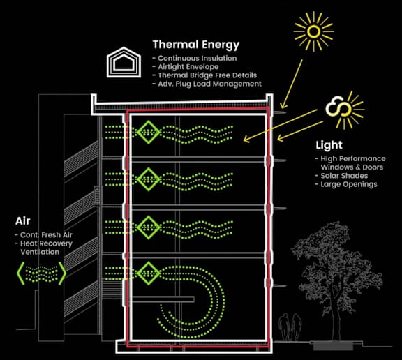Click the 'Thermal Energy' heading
click(196, 45)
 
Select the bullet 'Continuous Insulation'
click(197, 58)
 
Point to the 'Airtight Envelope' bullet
click(188, 67)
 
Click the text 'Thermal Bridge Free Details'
click(207, 75)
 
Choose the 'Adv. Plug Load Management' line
click(209, 84)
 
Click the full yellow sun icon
click(313, 31)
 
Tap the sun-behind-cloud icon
click(344, 110)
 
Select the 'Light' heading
click(329, 145)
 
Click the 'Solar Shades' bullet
click(344, 176)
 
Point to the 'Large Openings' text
click(349, 184)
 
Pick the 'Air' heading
click(23, 221)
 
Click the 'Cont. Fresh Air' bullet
click(46, 235)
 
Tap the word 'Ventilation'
click(40, 252)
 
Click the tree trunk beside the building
click(336, 317)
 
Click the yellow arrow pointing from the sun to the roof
click(292, 84)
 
